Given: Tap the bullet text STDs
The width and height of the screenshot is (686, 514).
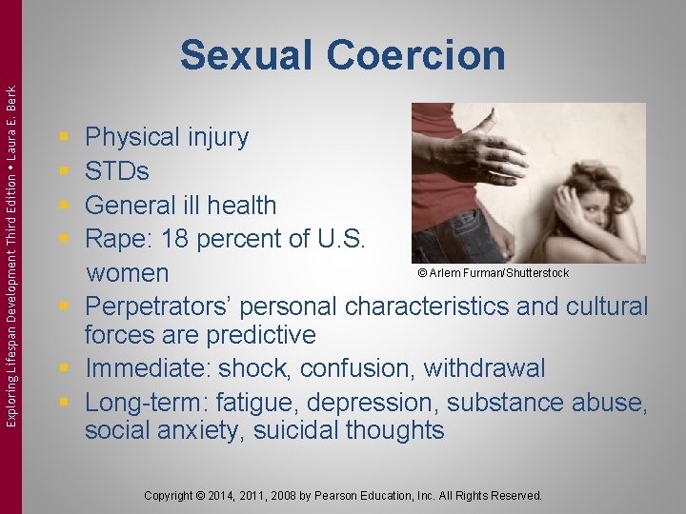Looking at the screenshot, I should (116, 171).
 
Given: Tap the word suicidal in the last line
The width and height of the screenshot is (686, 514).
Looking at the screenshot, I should (280, 431).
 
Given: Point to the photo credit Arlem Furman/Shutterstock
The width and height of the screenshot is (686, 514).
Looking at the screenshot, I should (493, 273).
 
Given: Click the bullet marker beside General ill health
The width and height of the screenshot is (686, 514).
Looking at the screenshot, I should (63, 206).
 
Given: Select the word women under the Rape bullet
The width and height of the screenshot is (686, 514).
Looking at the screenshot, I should (126, 274).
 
